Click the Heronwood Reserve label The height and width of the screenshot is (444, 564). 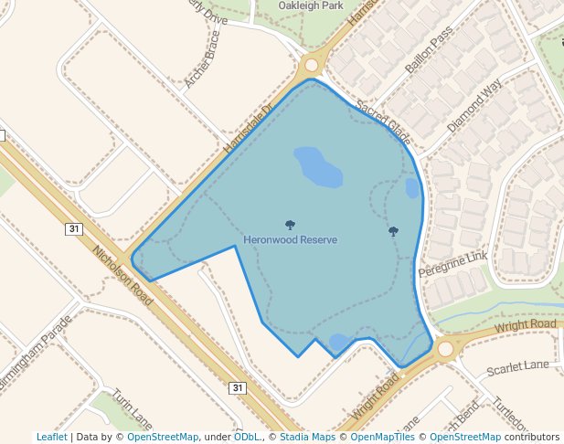(290, 239)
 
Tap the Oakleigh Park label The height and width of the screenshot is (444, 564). (309, 5)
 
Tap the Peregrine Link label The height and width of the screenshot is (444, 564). (453, 266)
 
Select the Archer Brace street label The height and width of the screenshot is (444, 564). (202, 60)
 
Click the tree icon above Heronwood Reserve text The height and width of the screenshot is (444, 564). (290, 225)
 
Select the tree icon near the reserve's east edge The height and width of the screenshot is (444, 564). (393, 231)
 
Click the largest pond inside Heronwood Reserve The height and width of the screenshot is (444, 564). (317, 166)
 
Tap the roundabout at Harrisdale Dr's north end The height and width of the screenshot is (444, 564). (312, 65)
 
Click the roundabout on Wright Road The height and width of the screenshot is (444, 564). (447, 348)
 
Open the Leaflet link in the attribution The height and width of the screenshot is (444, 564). (51, 437)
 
